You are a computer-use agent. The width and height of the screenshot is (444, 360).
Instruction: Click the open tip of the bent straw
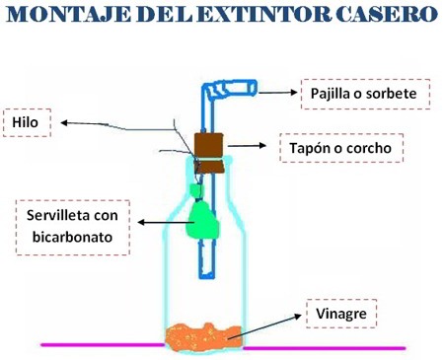tap(254, 90)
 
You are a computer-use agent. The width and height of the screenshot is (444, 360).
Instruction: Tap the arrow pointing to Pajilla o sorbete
tap(280, 93)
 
